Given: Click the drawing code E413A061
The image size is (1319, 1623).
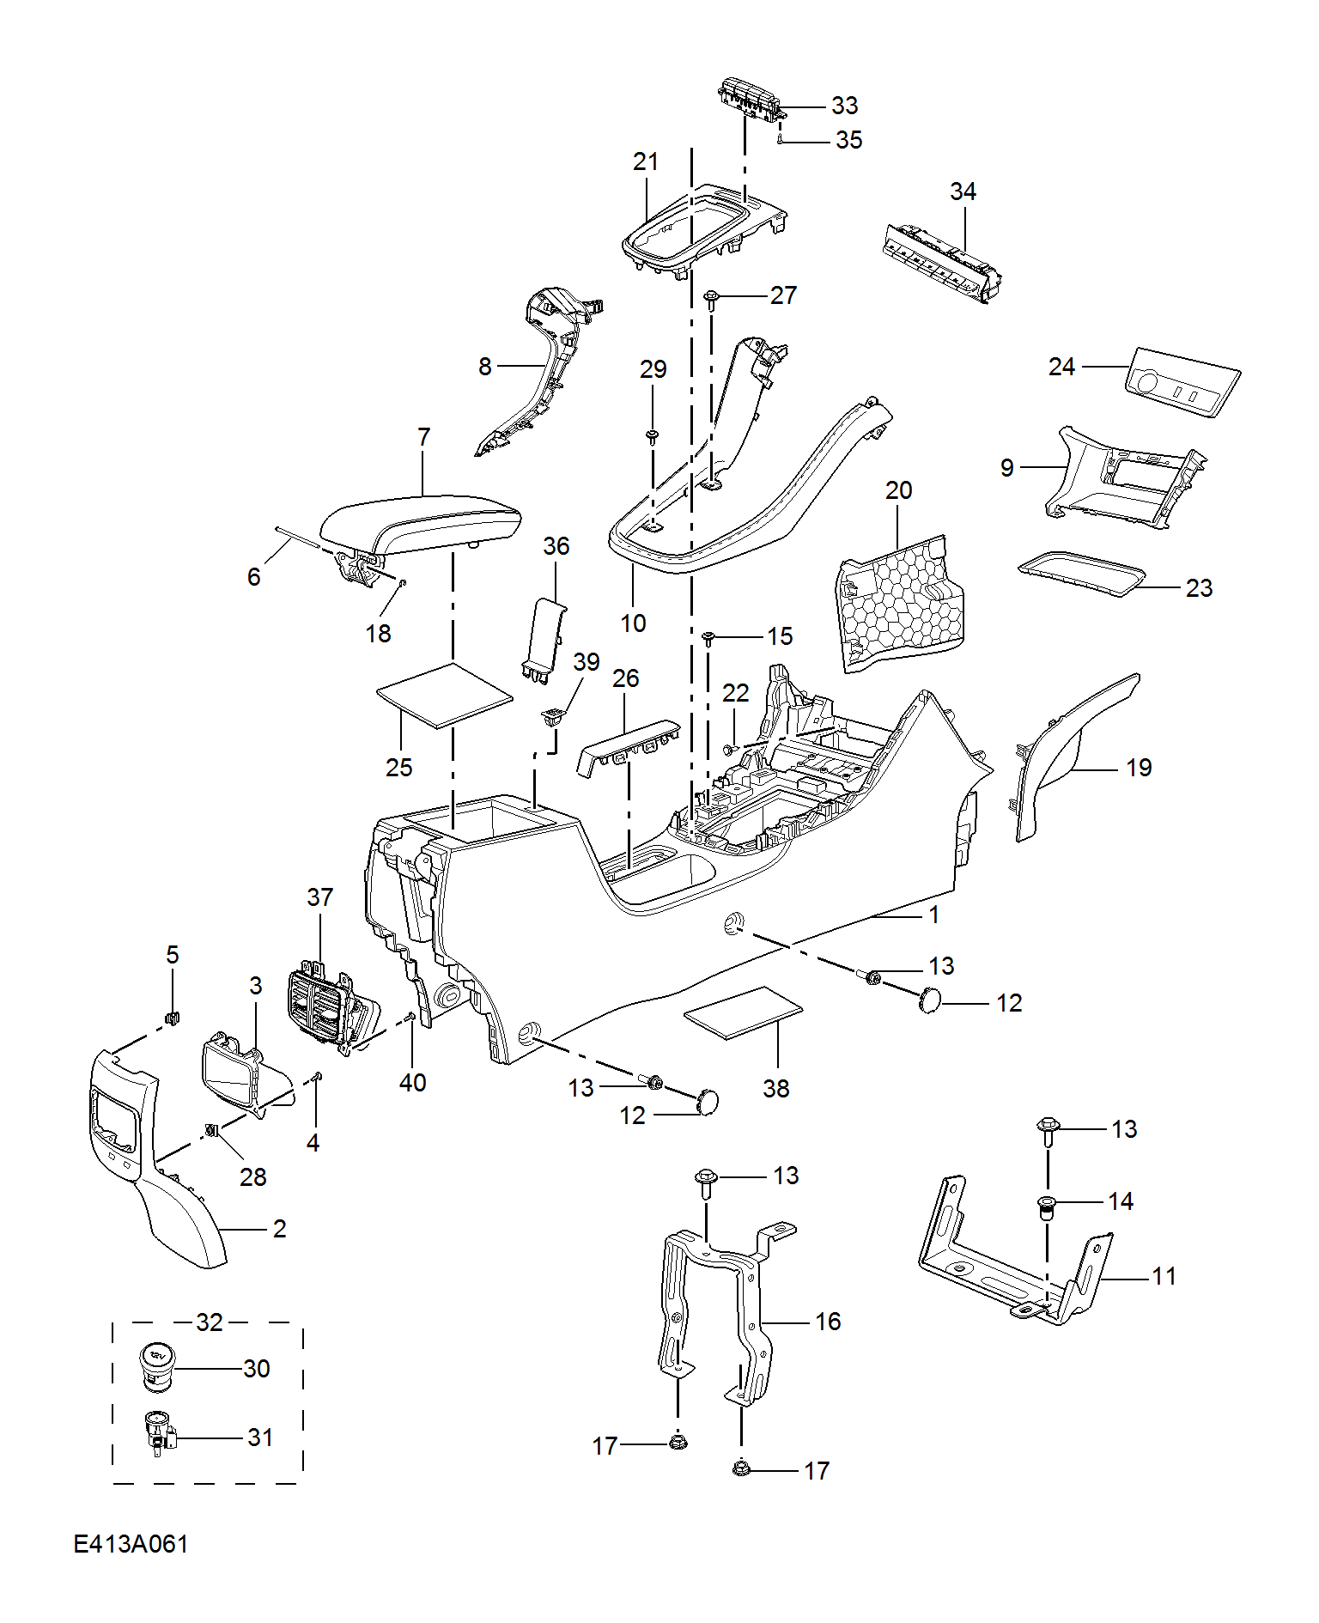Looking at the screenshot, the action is [x=131, y=1543].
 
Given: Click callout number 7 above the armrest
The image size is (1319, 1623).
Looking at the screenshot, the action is [x=423, y=437].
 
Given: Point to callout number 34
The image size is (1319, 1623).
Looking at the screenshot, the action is [x=963, y=191].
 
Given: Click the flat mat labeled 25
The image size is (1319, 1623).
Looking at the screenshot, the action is [x=445, y=695].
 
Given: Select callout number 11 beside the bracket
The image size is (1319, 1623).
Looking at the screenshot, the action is [x=1164, y=1276].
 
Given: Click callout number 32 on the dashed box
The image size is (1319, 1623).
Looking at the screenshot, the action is [x=210, y=1322].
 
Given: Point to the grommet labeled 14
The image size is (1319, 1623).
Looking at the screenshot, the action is [x=1047, y=1207].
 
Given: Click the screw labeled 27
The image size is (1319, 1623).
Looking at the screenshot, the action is [x=711, y=300].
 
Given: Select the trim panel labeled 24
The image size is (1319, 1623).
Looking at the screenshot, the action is [x=1182, y=383].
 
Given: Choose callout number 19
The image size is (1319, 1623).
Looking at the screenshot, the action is [x=1139, y=768].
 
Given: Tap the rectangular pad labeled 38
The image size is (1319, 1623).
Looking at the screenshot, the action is [x=744, y=1012].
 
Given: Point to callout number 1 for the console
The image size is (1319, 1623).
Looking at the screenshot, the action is [x=934, y=915].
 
